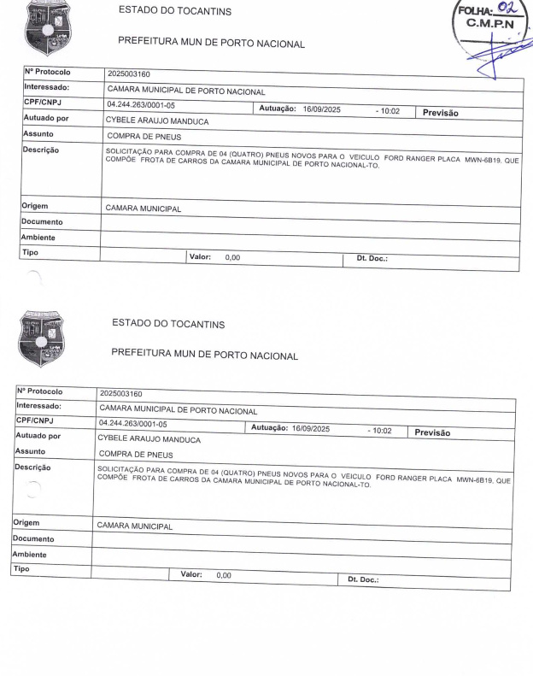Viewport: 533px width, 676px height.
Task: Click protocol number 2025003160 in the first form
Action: (x=134, y=74)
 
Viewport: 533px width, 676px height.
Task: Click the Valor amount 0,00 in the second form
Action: (x=225, y=575)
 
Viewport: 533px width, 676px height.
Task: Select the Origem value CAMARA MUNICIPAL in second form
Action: (x=135, y=526)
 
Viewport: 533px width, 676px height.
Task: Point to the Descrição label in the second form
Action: (x=32, y=468)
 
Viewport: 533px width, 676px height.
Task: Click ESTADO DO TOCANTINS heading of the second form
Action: (x=168, y=324)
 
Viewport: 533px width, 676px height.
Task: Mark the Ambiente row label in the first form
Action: (x=40, y=237)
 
